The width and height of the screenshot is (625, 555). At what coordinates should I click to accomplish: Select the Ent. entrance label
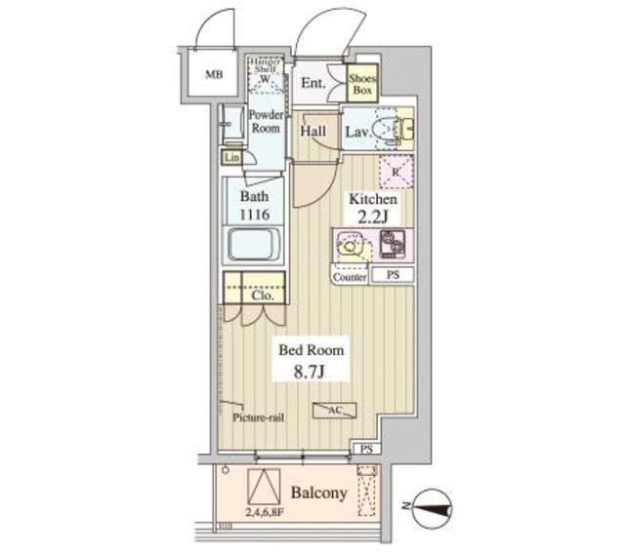click(312, 83)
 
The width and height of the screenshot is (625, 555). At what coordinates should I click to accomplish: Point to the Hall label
click(313, 131)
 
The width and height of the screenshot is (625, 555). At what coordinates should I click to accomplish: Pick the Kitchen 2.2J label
click(374, 207)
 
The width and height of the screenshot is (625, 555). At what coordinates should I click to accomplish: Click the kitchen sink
click(350, 247)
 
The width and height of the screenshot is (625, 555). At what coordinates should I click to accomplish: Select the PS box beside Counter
click(393, 276)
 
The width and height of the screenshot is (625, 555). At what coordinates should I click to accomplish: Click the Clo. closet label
click(259, 294)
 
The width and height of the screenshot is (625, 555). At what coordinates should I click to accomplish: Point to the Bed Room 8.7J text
click(312, 360)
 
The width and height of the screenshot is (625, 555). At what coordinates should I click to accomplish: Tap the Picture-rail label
click(258, 417)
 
